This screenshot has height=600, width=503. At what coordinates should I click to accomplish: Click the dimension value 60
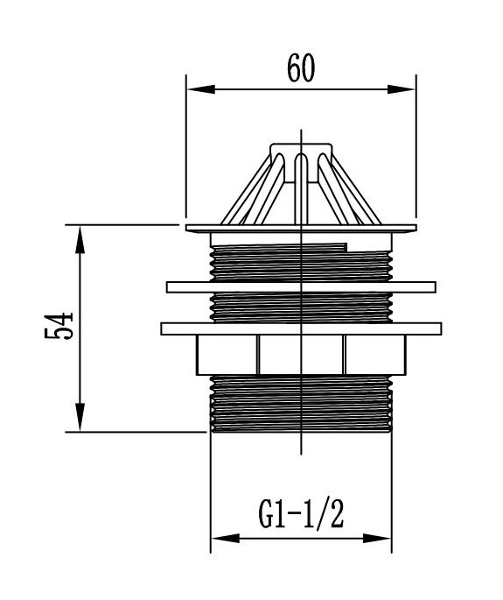pyautogui.click(x=301, y=68)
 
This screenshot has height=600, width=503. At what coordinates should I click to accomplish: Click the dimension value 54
pyautogui.click(x=59, y=327)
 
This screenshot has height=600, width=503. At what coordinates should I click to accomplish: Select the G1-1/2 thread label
pyautogui.click(x=301, y=514)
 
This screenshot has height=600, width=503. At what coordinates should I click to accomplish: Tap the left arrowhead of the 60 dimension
pyautogui.click(x=201, y=89)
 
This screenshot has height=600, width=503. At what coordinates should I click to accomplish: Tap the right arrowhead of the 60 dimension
pyautogui.click(x=401, y=89)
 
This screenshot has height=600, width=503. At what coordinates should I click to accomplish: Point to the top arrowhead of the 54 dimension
pyautogui.click(x=80, y=240)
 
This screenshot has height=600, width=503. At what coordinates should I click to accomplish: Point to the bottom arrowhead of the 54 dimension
pyautogui.click(x=80, y=417)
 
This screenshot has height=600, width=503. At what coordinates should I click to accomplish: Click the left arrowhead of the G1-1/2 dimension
pyautogui.click(x=226, y=539)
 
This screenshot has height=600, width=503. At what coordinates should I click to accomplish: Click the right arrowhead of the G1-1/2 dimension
pyautogui.click(x=377, y=539)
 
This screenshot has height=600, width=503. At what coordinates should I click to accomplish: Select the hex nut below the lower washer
pyautogui.click(x=301, y=355)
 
